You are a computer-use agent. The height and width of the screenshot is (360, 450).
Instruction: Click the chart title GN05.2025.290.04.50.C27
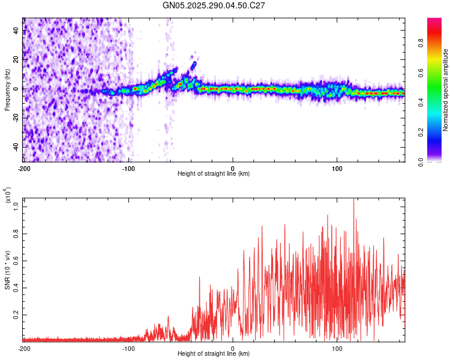tap(214, 6)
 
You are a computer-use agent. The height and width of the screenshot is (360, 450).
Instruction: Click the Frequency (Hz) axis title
tap(7, 90)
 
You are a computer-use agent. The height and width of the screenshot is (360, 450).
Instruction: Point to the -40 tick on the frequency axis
tap(15, 147)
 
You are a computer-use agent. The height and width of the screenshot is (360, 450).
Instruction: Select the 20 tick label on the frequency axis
tap(16, 59)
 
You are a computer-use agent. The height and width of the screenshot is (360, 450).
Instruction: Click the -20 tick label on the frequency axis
tap(15, 118)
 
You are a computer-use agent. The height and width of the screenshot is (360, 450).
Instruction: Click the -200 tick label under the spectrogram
tap(23, 167)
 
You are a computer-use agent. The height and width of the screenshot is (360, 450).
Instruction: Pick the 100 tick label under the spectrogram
tap(337, 167)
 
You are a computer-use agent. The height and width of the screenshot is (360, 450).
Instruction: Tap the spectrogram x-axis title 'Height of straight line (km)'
tap(214, 174)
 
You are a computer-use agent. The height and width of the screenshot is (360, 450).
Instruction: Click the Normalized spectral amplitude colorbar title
tap(446, 90)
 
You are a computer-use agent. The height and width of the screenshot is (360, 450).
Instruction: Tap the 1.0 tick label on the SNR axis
tap(16, 206)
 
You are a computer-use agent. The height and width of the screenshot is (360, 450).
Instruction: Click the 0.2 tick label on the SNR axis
tap(16, 314)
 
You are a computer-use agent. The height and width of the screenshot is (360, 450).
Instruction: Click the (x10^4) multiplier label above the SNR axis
tap(8, 195)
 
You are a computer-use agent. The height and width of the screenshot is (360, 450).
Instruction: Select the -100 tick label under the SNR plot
tap(128, 348)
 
